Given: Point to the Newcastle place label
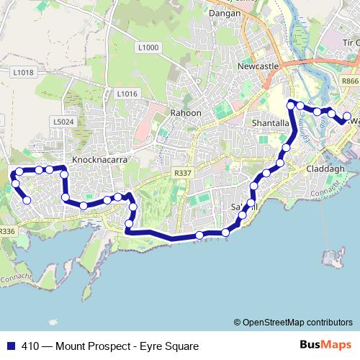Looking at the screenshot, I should click(258, 66).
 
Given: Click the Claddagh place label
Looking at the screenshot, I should click(327, 168).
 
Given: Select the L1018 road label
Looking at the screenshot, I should click(23, 72).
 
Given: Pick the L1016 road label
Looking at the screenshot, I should click(126, 94).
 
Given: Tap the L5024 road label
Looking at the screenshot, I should click(64, 122).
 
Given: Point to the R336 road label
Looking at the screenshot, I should click(7, 231).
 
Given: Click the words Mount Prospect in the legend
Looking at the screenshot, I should click(90, 346).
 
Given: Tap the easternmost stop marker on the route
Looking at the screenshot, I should click(346, 117).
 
